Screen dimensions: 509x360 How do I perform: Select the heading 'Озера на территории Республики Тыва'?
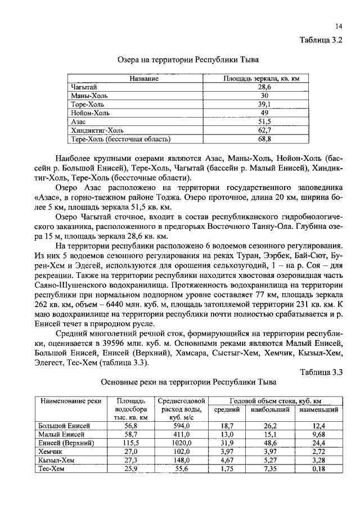point(188,58)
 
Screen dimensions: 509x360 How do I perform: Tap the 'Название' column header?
point(143,79)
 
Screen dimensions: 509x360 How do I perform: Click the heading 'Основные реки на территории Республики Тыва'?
point(188,382)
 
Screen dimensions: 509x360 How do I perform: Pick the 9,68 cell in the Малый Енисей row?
point(319,435)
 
